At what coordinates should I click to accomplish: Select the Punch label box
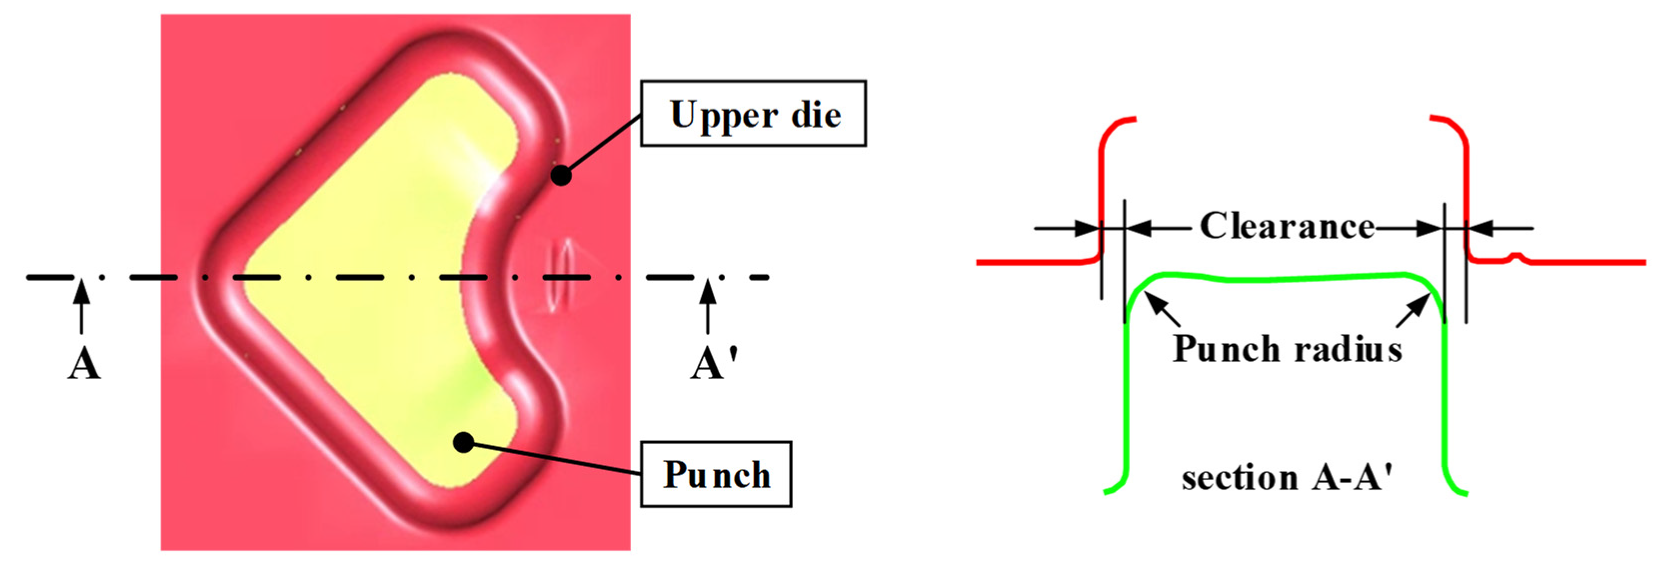tap(716, 474)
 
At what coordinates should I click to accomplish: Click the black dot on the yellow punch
tap(463, 442)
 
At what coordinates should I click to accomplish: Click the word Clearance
tap(1287, 226)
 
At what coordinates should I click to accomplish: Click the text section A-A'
tap(1287, 478)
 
